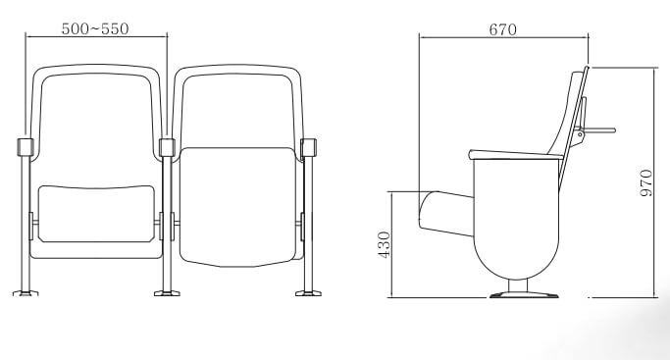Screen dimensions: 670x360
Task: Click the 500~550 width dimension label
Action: tap(95, 28)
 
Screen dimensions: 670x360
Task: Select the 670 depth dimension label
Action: tap(502, 29)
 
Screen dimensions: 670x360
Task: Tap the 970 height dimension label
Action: tap(646, 182)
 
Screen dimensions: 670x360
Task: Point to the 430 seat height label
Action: tap(385, 244)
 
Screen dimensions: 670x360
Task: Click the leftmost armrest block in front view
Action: tap(26, 147)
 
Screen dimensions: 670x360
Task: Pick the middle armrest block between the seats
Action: tap(167, 147)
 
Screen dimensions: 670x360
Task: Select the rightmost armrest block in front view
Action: tap(308, 147)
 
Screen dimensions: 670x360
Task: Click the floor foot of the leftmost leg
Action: tap(26, 293)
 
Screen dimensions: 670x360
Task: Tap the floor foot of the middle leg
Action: tap(167, 293)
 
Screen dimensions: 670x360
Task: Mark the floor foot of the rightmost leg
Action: tap(308, 293)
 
